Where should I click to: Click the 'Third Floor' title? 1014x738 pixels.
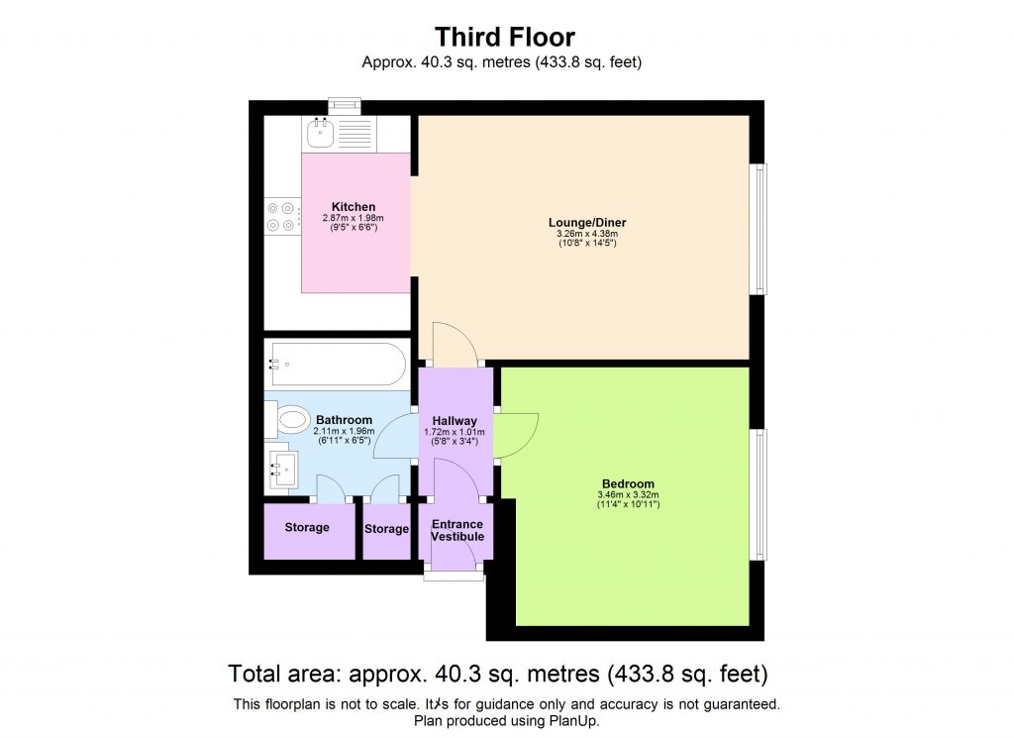coord(505,38)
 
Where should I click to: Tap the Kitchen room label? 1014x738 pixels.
coord(354,206)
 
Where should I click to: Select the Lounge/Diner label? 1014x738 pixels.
coord(587,222)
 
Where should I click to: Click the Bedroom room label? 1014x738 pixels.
coord(628,483)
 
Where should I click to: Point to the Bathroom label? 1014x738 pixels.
coord(344,419)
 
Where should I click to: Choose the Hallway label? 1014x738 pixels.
coord(455,421)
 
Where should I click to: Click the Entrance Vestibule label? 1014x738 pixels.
coord(457,530)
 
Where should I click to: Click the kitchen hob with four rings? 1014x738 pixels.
coord(282,216)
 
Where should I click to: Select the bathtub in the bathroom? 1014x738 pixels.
coord(336,364)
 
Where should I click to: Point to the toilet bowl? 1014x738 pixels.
coord(292,421)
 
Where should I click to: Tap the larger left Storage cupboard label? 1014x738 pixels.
coord(307,528)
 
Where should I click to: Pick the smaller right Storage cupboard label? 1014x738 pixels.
coord(386,529)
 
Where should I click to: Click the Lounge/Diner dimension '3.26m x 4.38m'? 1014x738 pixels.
coord(587,234)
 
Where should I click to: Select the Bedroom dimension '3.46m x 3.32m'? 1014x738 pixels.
coord(628,495)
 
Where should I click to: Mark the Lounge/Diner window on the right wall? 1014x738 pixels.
coord(760,229)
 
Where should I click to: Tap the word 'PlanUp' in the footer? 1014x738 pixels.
coord(576,722)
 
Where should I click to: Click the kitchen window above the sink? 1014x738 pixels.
coord(346,104)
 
